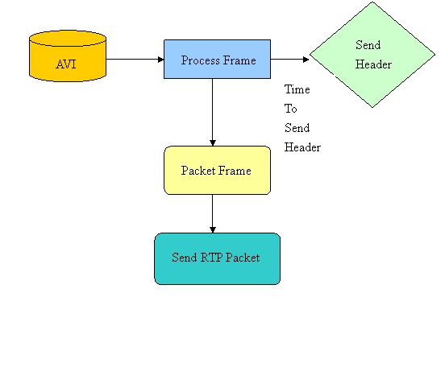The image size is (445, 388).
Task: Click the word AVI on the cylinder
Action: (66, 64)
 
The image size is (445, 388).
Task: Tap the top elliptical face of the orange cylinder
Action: (68, 39)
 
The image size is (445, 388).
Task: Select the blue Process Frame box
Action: (217, 59)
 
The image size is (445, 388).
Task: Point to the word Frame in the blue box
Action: (239, 60)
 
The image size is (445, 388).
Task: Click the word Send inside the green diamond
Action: (368, 45)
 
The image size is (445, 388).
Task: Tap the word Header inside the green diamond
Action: (373, 64)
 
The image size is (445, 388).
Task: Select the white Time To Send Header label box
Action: (306, 118)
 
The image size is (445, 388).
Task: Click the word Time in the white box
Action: (297, 89)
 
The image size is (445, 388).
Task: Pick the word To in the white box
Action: (290, 109)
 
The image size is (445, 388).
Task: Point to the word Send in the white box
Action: (297, 128)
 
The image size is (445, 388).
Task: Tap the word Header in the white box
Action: (302, 147)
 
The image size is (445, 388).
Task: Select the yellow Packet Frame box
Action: (217, 170)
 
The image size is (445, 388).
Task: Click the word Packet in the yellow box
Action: (198, 171)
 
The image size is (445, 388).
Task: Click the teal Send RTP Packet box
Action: (217, 258)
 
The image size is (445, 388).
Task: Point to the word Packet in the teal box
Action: (243, 258)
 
